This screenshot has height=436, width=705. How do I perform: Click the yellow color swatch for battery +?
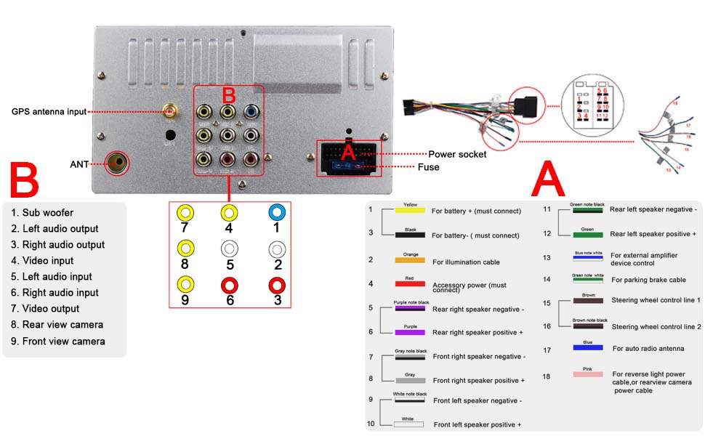click(410, 211)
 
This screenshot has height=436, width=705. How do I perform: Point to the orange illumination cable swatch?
click(410, 259)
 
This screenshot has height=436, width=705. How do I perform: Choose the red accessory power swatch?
click(410, 283)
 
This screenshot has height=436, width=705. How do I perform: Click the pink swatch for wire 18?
click(587, 374)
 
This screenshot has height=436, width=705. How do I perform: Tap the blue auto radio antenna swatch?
click(587, 347)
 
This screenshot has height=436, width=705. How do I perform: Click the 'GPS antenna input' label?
click(49, 111)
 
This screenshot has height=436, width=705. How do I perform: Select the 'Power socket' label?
click(457, 154)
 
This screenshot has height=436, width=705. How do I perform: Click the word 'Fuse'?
click(428, 167)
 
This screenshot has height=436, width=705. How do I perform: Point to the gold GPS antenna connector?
click(172, 111)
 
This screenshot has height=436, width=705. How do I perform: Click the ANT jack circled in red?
click(116, 163)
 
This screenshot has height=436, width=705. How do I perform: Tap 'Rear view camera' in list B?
click(63, 325)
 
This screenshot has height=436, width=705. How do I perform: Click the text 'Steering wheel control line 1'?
click(656, 300)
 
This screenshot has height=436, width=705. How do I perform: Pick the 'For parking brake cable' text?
click(648, 280)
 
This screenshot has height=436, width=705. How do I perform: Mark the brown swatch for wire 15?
click(587, 300)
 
